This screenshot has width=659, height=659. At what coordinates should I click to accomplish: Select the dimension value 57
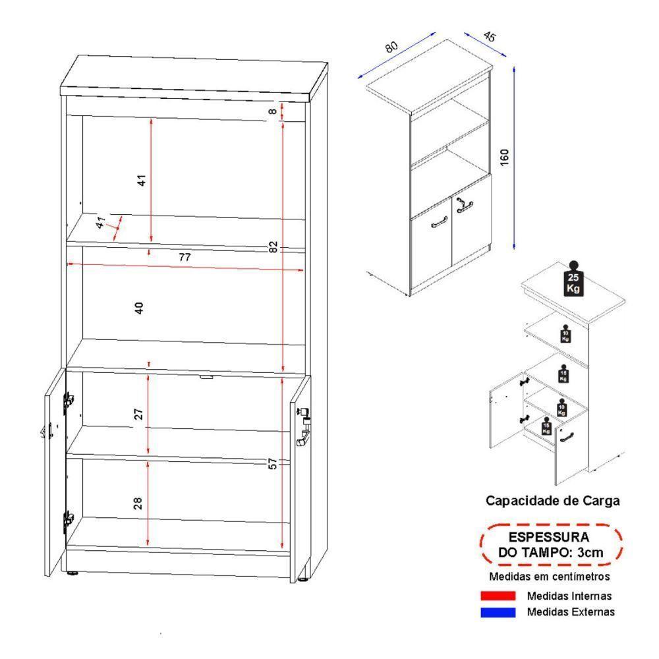click(x=273, y=464)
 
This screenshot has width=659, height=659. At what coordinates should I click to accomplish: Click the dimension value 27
click(x=138, y=414)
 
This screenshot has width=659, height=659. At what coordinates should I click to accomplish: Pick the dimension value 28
click(x=138, y=504)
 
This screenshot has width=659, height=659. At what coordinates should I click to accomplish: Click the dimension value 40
click(x=138, y=308)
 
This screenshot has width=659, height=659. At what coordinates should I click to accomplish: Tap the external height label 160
click(x=504, y=158)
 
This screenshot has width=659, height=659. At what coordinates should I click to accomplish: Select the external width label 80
click(x=391, y=47)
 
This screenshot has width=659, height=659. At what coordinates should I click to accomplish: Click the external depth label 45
click(x=489, y=37)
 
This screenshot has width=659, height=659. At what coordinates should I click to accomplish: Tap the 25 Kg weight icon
click(x=573, y=280)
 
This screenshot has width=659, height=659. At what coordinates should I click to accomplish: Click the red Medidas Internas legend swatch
click(x=498, y=596)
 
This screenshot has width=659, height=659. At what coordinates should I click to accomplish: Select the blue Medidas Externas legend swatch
click(x=498, y=612)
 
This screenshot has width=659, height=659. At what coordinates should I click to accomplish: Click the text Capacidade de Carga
click(x=552, y=500)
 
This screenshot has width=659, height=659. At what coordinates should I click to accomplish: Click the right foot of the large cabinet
click(x=302, y=579)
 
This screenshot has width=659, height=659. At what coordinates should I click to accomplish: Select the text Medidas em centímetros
click(x=549, y=577)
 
